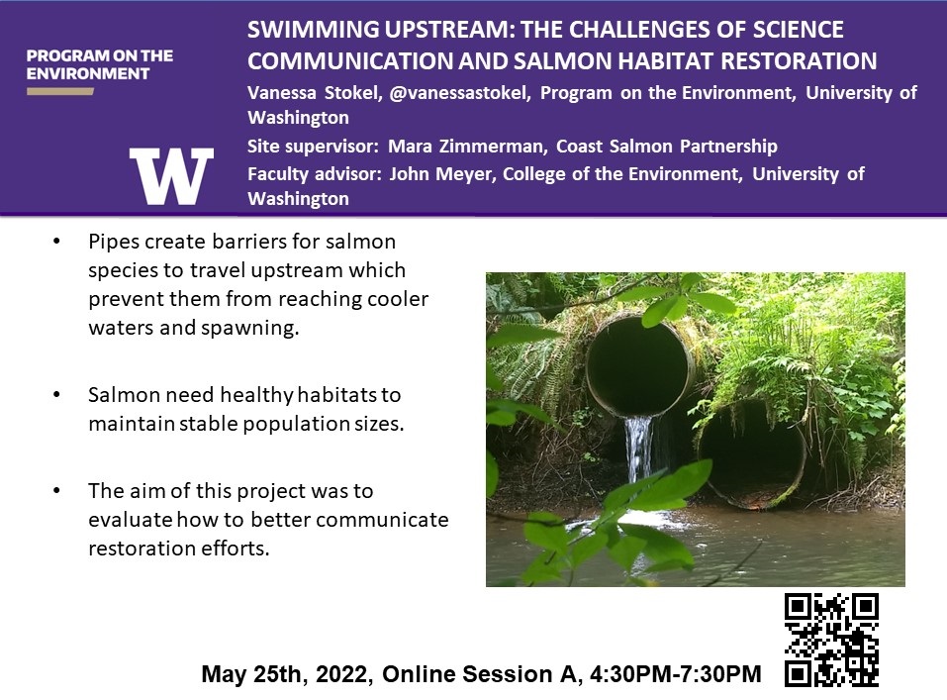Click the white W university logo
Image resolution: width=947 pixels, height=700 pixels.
171,176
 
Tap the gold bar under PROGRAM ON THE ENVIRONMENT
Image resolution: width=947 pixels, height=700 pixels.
59,92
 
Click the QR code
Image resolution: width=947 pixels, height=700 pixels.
831,641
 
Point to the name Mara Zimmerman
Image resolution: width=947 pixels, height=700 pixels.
466,147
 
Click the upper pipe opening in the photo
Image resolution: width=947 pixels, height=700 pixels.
639,365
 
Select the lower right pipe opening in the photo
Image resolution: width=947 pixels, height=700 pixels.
751,453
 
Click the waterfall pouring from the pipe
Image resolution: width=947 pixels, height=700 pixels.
639,450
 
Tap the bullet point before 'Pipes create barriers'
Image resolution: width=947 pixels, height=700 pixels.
56,242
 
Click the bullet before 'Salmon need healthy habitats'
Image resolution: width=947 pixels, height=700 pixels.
56,395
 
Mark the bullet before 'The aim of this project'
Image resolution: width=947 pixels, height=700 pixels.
56,490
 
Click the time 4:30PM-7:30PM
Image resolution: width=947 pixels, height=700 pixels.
675,674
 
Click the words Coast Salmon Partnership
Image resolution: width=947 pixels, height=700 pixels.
667,147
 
